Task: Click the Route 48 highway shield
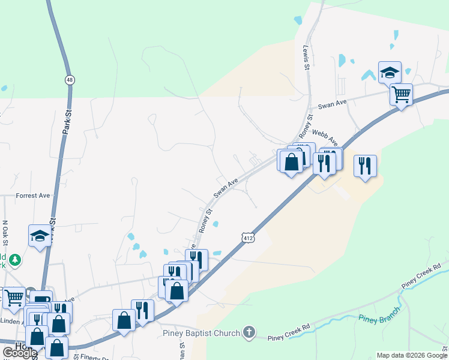[x=70, y=79]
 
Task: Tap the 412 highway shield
[x=247, y=238]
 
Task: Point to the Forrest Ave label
[x=33, y=196]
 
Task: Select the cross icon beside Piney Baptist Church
[x=249, y=332]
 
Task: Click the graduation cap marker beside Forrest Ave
[x=40, y=235]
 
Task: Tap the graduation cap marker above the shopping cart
[x=390, y=73]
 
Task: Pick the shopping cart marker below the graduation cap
[x=401, y=94]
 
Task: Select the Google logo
[x=20, y=353]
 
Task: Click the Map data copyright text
[x=412, y=355]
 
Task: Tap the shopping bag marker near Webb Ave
[x=291, y=161]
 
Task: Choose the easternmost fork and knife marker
[x=365, y=166]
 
